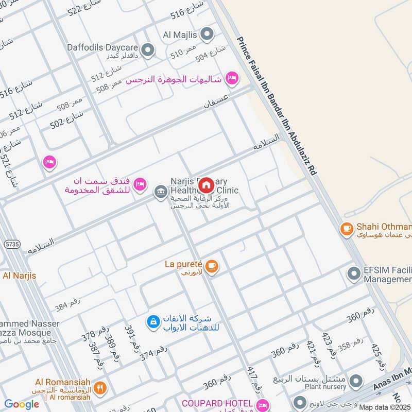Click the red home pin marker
(x=206, y=185)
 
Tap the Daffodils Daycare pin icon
(x=148, y=50)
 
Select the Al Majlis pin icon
(x=207, y=35)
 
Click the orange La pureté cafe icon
(x=211, y=266)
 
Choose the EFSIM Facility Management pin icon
(x=354, y=273)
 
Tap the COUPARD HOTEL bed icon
(x=263, y=404)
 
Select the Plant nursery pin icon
(x=355, y=382)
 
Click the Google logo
(x=22, y=404)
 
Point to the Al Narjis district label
(x=19, y=276)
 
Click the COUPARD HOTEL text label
(x=217, y=403)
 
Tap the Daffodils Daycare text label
(x=102, y=47)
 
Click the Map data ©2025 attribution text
(x=385, y=407)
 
